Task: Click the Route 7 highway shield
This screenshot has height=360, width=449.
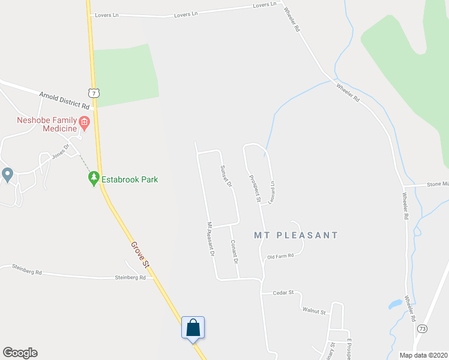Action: (93, 92)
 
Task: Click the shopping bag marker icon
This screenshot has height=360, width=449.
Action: (193, 328)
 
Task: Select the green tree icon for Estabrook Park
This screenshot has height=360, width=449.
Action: (93, 178)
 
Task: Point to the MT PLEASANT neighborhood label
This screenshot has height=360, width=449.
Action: (296, 235)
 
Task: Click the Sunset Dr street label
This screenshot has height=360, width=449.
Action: (226, 176)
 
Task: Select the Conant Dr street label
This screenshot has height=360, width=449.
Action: (235, 253)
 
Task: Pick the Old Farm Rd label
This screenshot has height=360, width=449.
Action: (280, 256)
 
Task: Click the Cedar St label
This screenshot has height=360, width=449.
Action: (282, 293)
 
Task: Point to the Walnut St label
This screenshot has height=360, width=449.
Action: (314, 312)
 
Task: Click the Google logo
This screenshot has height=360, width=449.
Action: (20, 353)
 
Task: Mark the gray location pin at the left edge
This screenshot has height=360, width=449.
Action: (7, 175)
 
